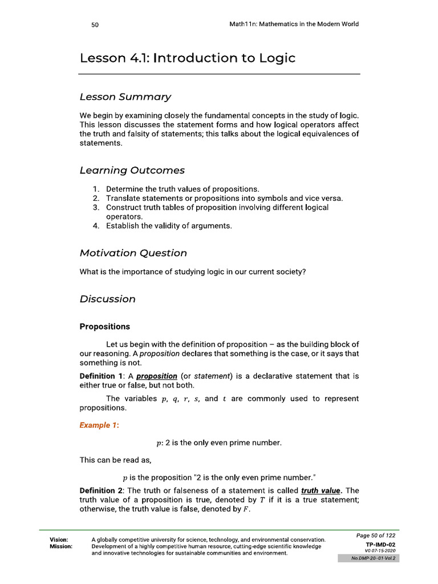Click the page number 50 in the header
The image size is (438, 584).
pyautogui.click(x=95, y=25)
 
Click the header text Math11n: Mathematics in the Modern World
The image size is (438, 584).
pyautogui.click(x=290, y=25)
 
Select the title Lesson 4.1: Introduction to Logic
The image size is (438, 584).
pyautogui.click(x=188, y=58)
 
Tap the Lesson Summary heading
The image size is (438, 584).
pyautogui.click(x=125, y=97)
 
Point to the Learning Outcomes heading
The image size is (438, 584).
pyautogui.click(x=132, y=170)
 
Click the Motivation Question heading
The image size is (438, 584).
pyautogui.click(x=133, y=253)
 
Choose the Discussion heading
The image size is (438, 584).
pyautogui.click(x=107, y=299)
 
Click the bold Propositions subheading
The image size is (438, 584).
pyautogui.click(x=104, y=327)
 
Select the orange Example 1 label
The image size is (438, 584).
pyautogui.click(x=99, y=425)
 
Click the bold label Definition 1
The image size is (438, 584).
pyautogui.click(x=102, y=376)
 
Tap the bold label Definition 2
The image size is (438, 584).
pyautogui.click(x=102, y=490)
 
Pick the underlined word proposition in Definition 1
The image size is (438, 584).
pyautogui.click(x=156, y=376)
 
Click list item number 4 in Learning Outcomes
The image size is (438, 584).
pyautogui.click(x=96, y=226)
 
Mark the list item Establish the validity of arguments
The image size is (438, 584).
pyautogui.click(x=169, y=226)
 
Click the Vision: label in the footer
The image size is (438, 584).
pyautogui.click(x=59, y=540)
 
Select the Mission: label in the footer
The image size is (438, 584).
pyautogui.click(x=61, y=546)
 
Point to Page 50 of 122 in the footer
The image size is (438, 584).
pyautogui.click(x=375, y=536)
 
